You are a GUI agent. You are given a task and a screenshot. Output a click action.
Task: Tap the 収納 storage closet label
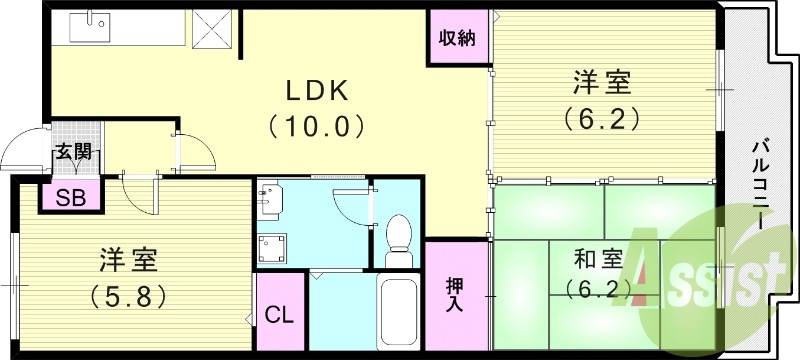(457, 40)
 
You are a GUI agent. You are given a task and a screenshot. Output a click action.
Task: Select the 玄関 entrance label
(72, 152)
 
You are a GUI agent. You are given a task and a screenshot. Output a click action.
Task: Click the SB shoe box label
(70, 197)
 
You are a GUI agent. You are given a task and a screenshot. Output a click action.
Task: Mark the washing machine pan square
(272, 249)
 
